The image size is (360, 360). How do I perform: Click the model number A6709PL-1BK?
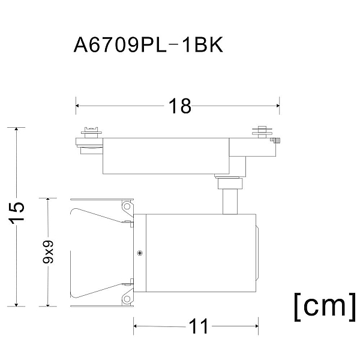[148, 45]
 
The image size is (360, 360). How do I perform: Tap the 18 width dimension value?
[179, 106]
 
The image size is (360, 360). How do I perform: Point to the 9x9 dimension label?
[48, 251]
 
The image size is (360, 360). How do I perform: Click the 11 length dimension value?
[199, 326]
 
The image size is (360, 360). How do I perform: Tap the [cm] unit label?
[325, 307]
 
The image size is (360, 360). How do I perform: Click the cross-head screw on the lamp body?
[140, 253]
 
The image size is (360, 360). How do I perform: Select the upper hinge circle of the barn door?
[127, 206]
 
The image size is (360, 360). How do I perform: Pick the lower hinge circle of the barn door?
[127, 299]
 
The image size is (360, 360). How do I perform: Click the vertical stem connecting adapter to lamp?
[230, 202]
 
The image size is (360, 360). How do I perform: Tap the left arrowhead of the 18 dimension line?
[77, 106]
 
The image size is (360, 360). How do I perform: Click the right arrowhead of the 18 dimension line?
[278, 106]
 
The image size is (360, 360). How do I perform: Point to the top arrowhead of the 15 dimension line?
[16, 129]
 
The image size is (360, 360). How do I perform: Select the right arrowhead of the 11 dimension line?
[257, 326]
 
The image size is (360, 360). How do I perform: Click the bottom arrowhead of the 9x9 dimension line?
[48, 305]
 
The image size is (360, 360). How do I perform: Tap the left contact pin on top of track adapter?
[91, 133]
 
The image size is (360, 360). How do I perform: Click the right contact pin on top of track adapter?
[262, 132]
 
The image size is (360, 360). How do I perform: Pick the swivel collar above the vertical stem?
[230, 183]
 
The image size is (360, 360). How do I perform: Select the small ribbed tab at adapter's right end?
[276, 140]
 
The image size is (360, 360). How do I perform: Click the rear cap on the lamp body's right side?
[257, 253]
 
